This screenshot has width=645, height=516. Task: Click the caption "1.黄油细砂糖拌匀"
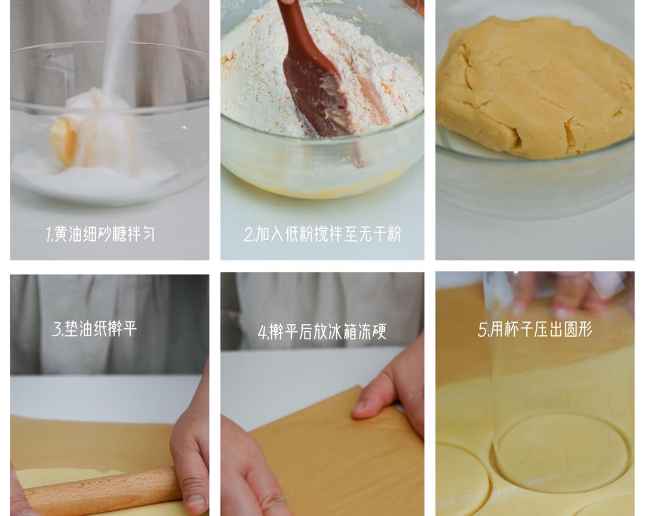coord(100,234)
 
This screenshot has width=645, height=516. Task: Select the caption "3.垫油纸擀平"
coord(94,329)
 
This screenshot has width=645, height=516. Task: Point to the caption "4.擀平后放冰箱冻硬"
coord(322,332)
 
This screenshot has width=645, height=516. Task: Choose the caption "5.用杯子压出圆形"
coord(535,329)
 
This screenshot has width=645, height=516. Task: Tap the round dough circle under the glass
coord(561,451)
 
